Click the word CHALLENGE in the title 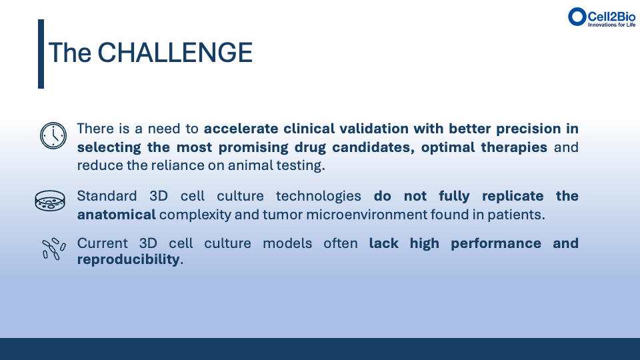tap(175, 53)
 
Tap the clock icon tap(53, 135)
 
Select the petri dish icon tap(50, 201)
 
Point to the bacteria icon tap(54, 249)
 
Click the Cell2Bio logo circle tap(577, 17)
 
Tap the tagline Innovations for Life tap(611, 25)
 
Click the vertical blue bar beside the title tap(41, 54)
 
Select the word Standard tap(107, 196)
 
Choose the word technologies tap(319, 196)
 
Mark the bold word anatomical tap(116, 214)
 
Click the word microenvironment tap(367, 215)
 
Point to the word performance tap(496, 244)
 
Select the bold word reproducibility tap(128, 259)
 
